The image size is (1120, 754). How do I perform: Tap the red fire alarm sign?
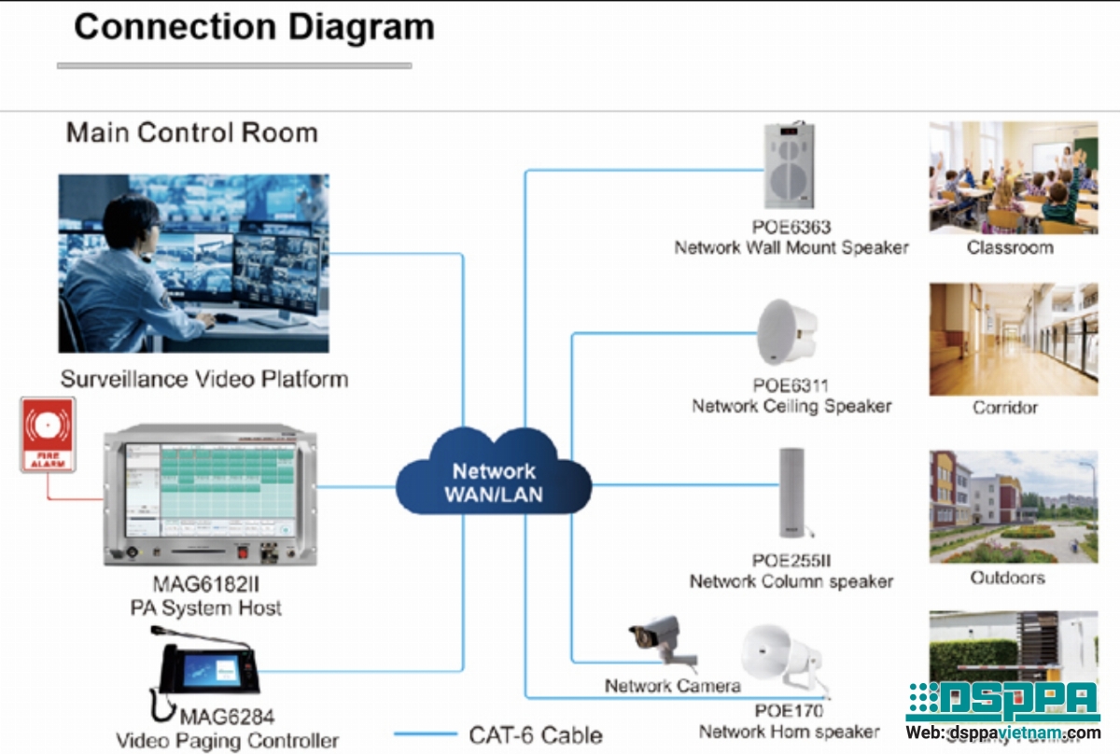(x=48, y=435)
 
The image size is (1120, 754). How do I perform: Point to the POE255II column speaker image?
(x=791, y=493)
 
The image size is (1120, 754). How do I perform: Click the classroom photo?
(x=1013, y=177)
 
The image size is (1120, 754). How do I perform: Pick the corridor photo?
(x=1013, y=340)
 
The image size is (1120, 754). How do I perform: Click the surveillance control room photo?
(x=193, y=263)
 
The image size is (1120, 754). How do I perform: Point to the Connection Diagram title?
(x=254, y=26)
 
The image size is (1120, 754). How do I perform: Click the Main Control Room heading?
(x=191, y=133)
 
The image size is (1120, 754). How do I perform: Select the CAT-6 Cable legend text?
(x=536, y=734)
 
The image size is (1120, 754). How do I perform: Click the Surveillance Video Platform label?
(x=204, y=380)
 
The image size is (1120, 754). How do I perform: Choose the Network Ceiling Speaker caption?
(x=791, y=406)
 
